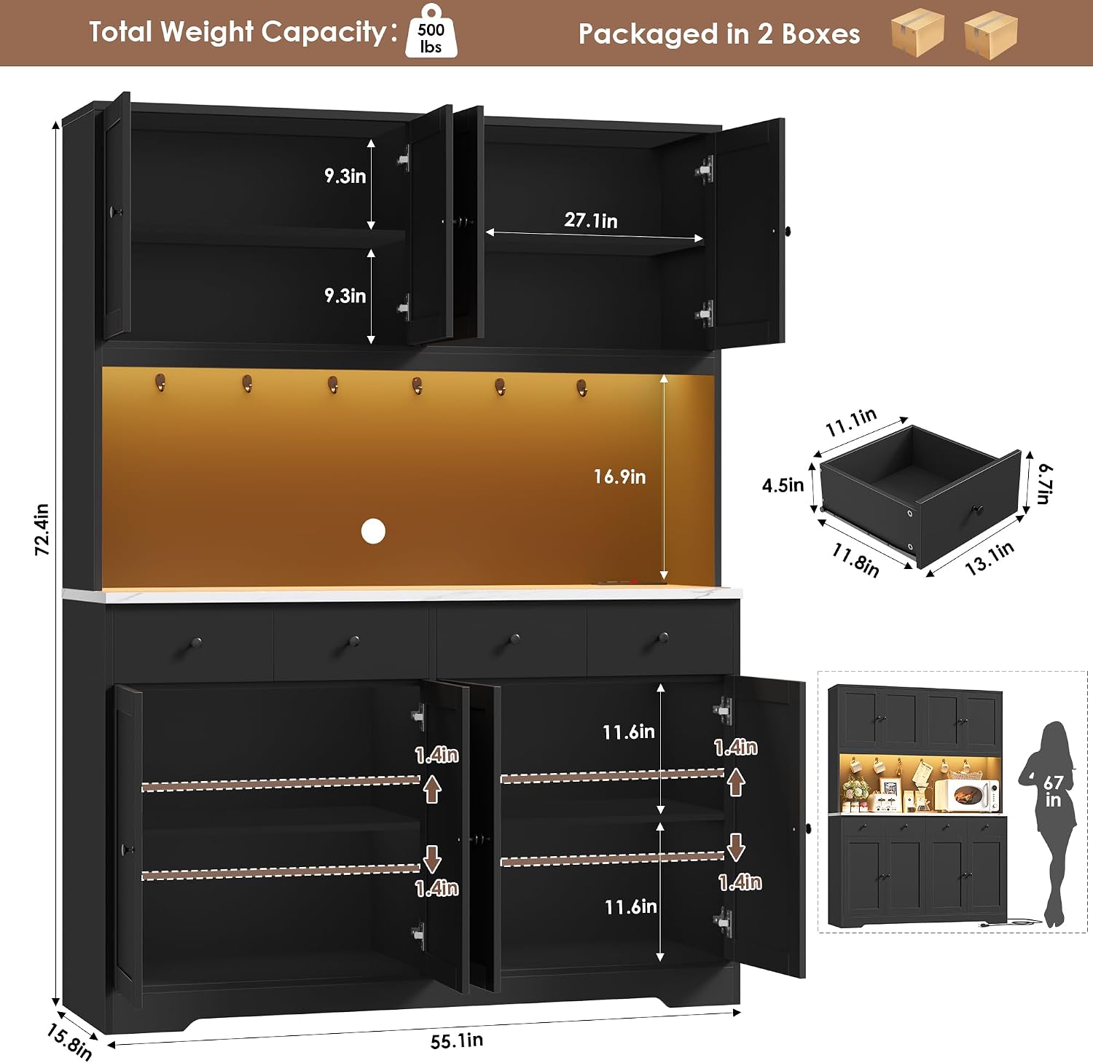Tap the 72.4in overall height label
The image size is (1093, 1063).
point(42,530)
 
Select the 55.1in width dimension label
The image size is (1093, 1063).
point(457,1040)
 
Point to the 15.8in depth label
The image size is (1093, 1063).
point(69,1042)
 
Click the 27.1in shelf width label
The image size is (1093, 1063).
point(591,220)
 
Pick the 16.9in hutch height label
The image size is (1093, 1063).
point(619,476)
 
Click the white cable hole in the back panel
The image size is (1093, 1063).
point(373,532)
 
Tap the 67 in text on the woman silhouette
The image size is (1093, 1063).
point(1053,791)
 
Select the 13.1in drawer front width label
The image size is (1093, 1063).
point(990,559)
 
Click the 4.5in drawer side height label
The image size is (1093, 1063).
point(783,485)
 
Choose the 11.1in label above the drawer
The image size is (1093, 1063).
point(850,423)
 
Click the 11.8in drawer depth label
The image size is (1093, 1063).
point(856,560)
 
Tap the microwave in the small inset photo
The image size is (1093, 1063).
point(967,795)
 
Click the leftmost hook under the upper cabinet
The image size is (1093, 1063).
point(160,383)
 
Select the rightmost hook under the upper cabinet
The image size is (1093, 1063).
point(581,387)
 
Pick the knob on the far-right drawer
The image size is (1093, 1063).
point(663,638)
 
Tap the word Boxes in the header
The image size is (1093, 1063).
point(820,34)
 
